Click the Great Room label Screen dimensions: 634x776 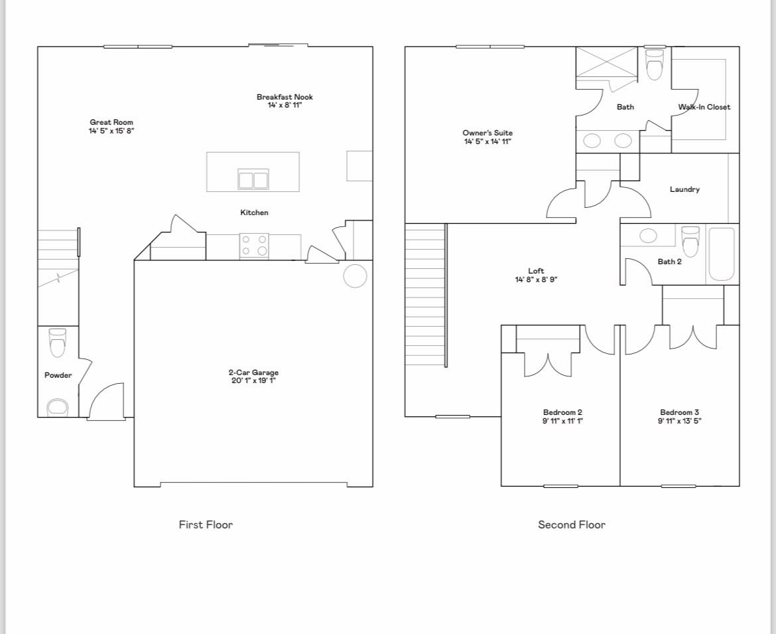[111, 122]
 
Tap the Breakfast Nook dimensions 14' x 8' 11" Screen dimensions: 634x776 [285, 106]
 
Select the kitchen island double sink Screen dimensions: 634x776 [253, 179]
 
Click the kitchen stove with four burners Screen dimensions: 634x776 [254, 245]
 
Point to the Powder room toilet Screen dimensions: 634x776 [58, 342]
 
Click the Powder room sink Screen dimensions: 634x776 [58, 407]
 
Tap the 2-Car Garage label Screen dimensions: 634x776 [253, 372]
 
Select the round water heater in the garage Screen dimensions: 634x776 [355, 276]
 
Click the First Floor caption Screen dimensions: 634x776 [206, 524]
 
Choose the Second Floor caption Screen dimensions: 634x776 [571, 524]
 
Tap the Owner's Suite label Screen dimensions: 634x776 [487, 133]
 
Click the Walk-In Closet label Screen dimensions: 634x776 [704, 107]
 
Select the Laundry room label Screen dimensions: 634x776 [684, 189]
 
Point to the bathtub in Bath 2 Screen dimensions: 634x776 [721, 254]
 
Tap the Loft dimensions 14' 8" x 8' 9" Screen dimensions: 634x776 [536, 279]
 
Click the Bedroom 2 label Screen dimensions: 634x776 [562, 412]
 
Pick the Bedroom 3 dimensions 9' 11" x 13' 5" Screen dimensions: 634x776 [679, 420]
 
